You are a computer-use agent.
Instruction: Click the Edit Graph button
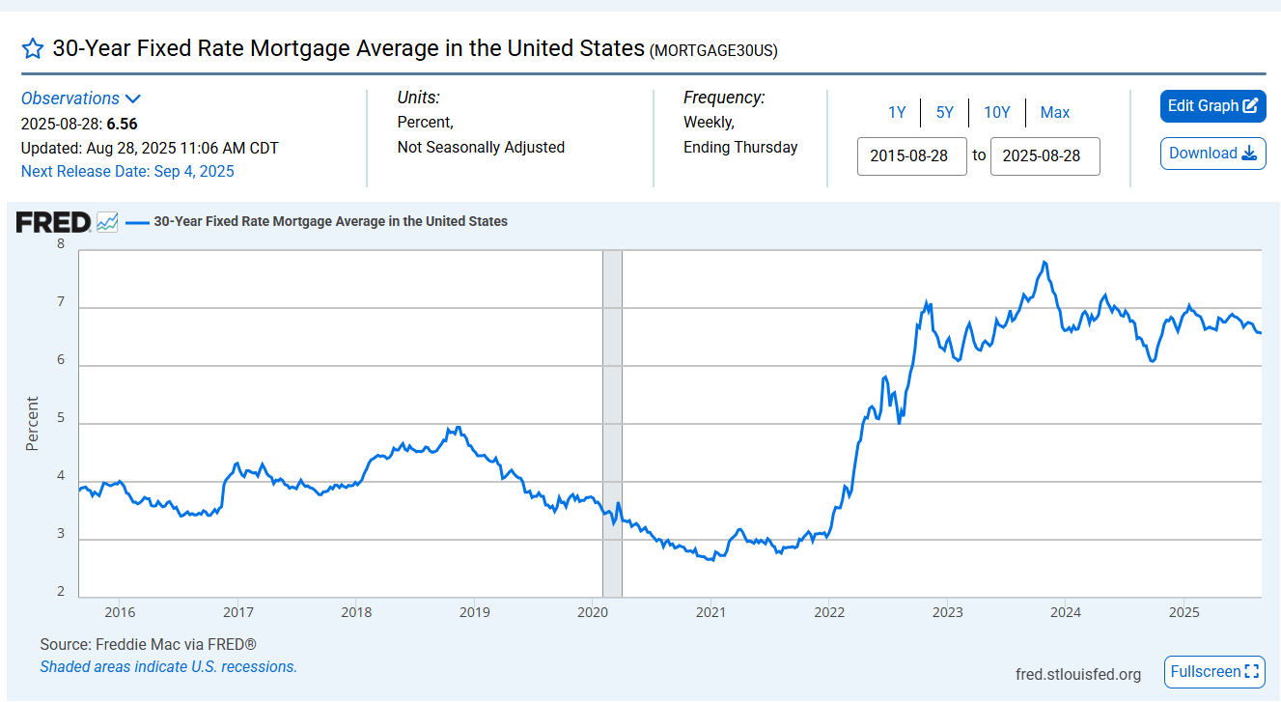[x=1212, y=106]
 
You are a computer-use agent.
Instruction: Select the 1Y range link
[x=897, y=113]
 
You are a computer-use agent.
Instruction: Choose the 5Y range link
[x=944, y=113]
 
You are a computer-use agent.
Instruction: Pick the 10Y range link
[x=996, y=113]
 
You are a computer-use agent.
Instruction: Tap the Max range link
[x=1054, y=113]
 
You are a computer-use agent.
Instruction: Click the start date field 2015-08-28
[x=911, y=155]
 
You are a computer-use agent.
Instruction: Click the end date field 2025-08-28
[x=1044, y=155]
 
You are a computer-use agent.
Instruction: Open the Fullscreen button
[x=1214, y=671]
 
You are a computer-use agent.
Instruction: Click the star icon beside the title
[x=33, y=49]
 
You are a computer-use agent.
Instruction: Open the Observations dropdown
[x=81, y=98]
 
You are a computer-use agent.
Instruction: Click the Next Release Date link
[x=127, y=172]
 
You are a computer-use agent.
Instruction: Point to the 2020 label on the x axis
[x=592, y=612]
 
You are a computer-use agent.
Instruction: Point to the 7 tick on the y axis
[x=61, y=303]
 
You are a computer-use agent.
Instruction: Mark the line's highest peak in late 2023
[x=1044, y=262]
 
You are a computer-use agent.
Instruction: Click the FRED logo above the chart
[x=53, y=222]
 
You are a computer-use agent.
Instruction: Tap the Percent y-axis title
[x=33, y=424]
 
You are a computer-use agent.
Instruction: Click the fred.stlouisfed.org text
[x=1077, y=673]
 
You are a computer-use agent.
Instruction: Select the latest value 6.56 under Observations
[x=122, y=124]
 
